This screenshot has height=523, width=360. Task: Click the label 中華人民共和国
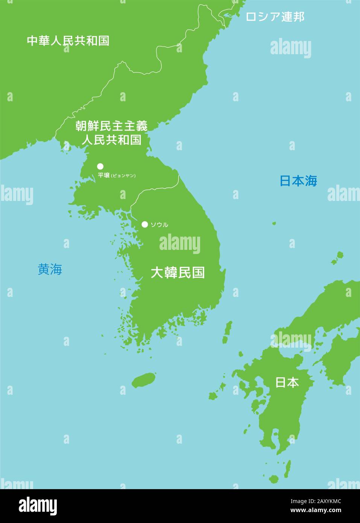coord(68,41)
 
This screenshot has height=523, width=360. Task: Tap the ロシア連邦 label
coord(275,17)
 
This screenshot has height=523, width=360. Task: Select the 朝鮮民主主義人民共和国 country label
coord(111,133)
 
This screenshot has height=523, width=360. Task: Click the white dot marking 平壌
coord(100,166)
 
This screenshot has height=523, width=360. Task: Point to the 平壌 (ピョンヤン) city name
coord(117,175)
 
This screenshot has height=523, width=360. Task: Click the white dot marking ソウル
coord(144,225)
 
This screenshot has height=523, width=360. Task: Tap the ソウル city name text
coord(159,225)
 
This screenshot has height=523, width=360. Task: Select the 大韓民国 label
coord(178,272)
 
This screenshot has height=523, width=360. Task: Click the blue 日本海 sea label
coord(298,181)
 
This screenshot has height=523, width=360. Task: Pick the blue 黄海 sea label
coord(50,269)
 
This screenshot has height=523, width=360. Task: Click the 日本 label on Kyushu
coord(287,382)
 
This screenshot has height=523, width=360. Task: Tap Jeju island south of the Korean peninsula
coord(144,380)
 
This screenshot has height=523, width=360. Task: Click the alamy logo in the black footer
coord(38,506)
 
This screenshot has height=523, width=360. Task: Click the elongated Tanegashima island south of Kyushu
coord(287,468)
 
